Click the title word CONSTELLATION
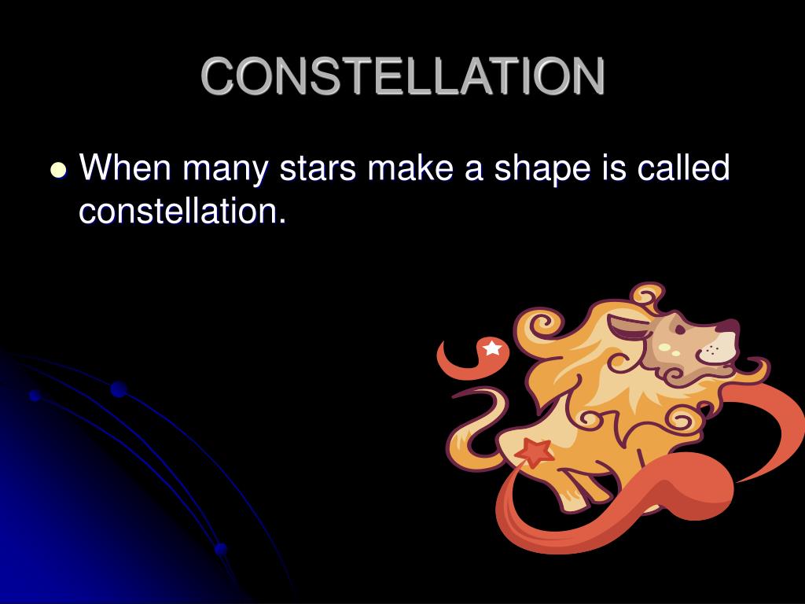tap(403, 76)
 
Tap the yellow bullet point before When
tap(58, 170)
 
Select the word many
tap(226, 170)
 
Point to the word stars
tap(318, 168)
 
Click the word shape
tap(542, 170)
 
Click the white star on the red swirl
tap(492, 348)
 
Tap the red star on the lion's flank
tap(535, 452)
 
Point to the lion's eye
tap(680, 330)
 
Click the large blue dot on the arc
tap(119, 389)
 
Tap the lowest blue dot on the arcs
tap(221, 549)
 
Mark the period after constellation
tap(281, 221)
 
